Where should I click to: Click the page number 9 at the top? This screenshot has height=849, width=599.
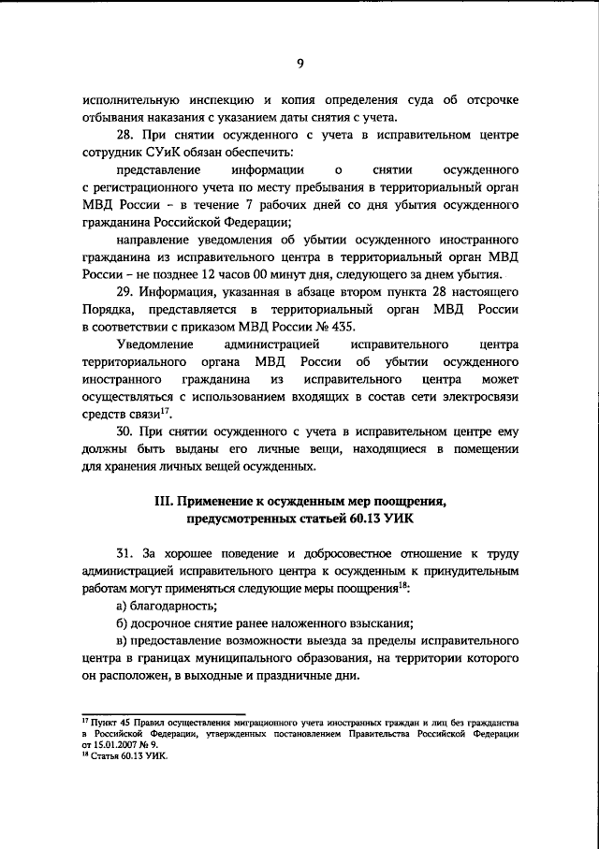click(x=300, y=64)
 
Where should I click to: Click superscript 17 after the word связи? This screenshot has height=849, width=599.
click(x=165, y=408)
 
